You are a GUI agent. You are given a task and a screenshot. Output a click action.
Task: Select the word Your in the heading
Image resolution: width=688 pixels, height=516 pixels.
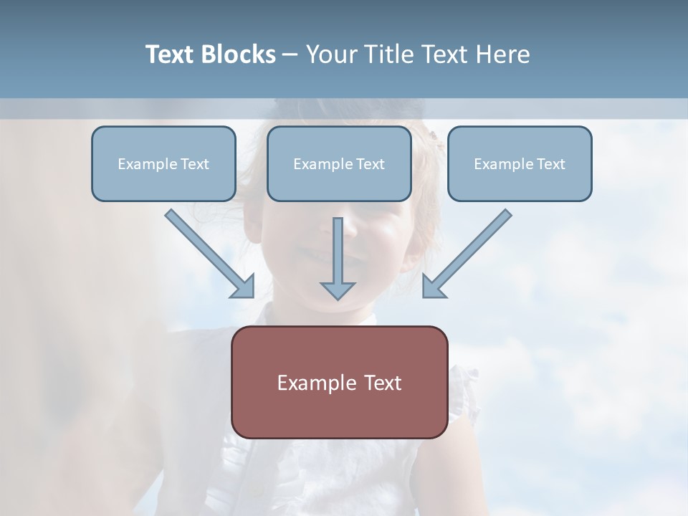click(330, 54)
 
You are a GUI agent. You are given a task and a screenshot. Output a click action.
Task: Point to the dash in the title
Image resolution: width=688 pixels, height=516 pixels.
click(290, 55)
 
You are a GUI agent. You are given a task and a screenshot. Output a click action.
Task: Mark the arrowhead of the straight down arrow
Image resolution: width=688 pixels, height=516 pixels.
click(338, 290)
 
